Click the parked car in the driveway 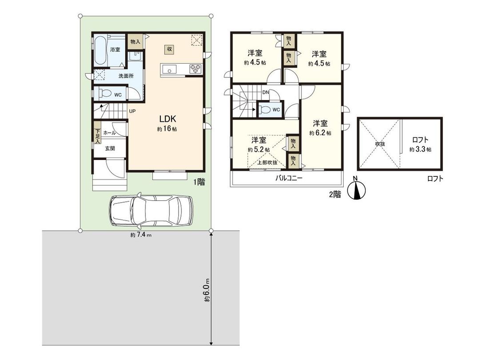click(x=152, y=211)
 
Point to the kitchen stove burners click(x=196, y=69)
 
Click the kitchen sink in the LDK click(x=170, y=69)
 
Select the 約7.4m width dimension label click(x=141, y=235)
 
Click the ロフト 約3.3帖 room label click(x=420, y=144)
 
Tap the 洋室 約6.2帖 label click(x=320, y=128)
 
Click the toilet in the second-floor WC click(x=264, y=110)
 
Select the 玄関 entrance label click(x=110, y=148)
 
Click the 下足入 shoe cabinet click(x=97, y=136)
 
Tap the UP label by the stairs click(x=132, y=111)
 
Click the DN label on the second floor click(x=265, y=92)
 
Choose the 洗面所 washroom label click(x=126, y=76)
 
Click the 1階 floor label click(x=199, y=181)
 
